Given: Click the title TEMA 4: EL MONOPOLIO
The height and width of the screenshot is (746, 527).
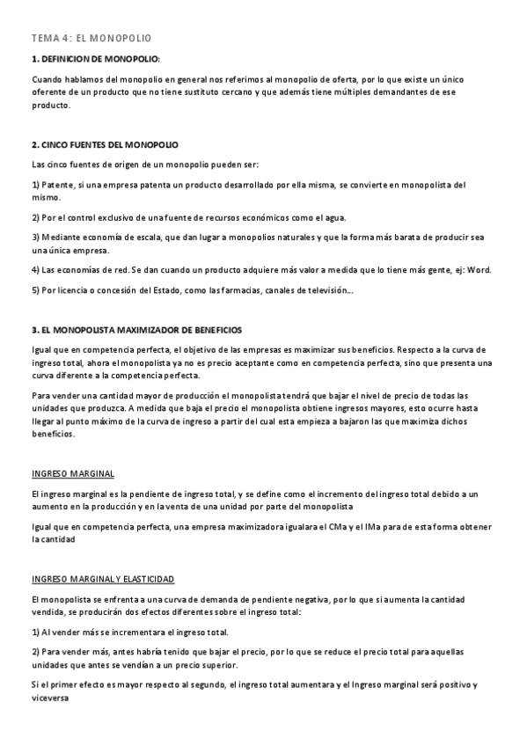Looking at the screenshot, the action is pos(91,39).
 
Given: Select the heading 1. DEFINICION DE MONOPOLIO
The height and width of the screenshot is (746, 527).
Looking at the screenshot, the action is pos(95,59).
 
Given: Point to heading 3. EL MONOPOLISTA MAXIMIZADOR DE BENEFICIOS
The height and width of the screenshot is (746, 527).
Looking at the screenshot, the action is pos(136,330).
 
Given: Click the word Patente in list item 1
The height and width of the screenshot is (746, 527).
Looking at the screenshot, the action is pos(58,186).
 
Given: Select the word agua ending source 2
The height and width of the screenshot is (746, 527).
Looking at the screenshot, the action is pos(335,217).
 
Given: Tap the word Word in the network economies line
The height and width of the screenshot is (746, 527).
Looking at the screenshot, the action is pos(480,269).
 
